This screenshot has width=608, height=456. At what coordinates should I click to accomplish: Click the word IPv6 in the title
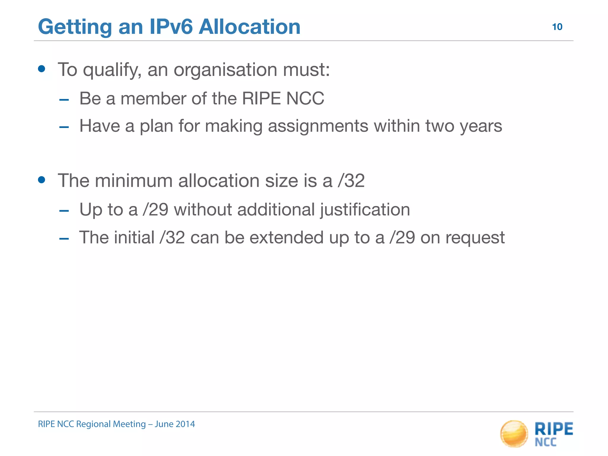click(171, 27)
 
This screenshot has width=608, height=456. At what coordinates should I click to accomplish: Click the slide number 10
click(557, 27)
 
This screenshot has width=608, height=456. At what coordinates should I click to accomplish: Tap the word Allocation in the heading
click(249, 27)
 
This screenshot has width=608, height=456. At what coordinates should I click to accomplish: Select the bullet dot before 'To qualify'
click(42, 69)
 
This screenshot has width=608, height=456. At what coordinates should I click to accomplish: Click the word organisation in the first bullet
click(226, 70)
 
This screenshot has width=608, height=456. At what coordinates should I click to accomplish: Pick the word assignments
click(318, 126)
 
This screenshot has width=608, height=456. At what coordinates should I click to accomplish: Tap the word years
click(481, 126)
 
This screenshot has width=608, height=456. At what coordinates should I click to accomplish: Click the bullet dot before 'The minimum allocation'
click(42, 180)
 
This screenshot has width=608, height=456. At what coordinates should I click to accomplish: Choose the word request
click(475, 238)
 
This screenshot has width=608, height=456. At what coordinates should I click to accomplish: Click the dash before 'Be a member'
click(64, 100)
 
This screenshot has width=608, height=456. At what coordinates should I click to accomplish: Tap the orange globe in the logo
click(514, 434)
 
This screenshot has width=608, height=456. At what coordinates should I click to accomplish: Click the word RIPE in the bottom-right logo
click(554, 429)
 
